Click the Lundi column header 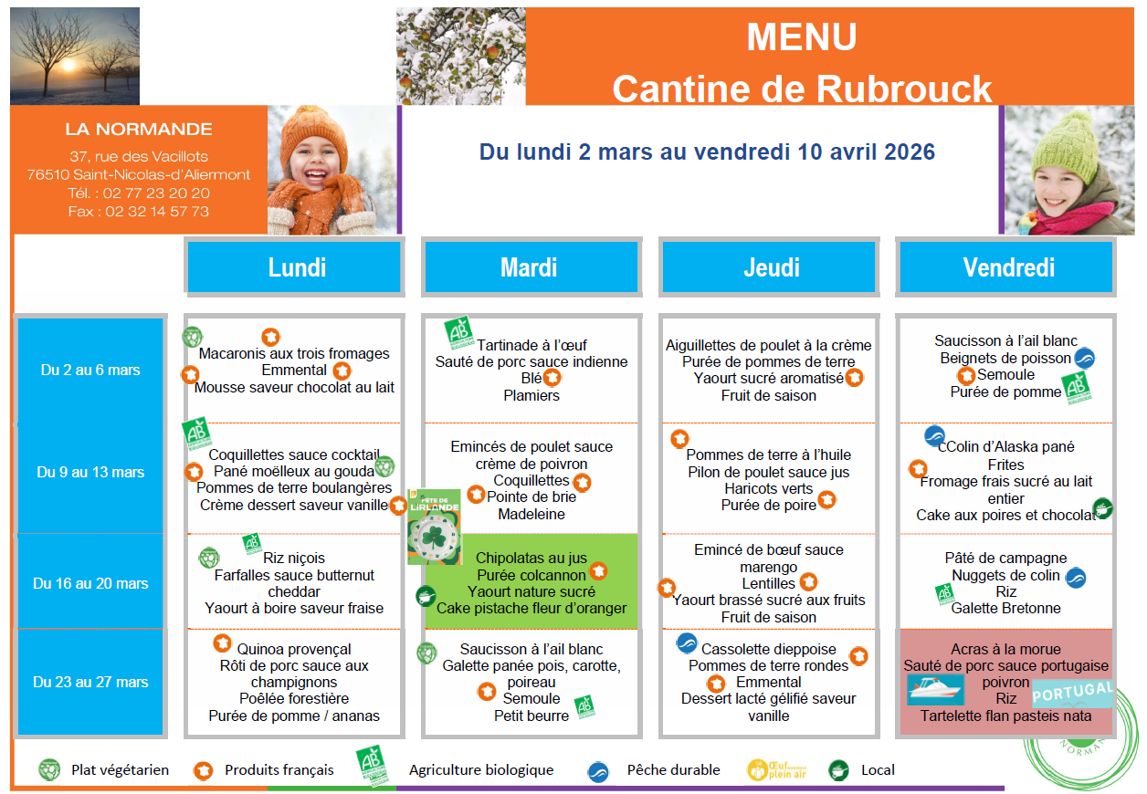tap(297, 267)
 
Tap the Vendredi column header tap(1008, 267)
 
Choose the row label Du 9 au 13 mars tap(90, 472)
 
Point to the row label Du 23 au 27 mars tap(90, 682)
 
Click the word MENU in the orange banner tap(802, 37)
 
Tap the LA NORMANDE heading tap(139, 130)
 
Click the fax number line tap(139, 211)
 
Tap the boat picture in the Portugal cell tap(935, 689)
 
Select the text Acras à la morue tap(1005, 649)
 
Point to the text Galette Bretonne tap(1005, 608)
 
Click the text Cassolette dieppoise tap(768, 649)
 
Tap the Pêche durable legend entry tap(673, 770)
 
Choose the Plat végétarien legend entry tap(120, 770)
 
